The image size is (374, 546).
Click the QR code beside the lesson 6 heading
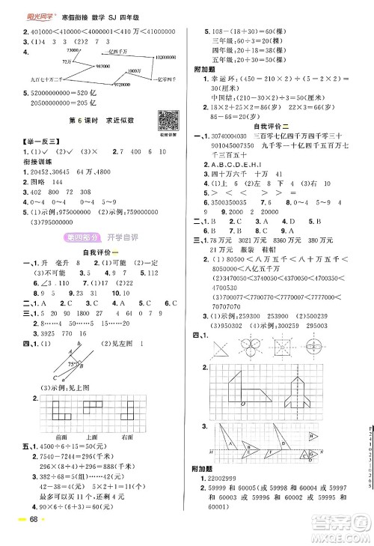(165, 120)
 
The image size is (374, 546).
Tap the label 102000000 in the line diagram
(170, 57)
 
